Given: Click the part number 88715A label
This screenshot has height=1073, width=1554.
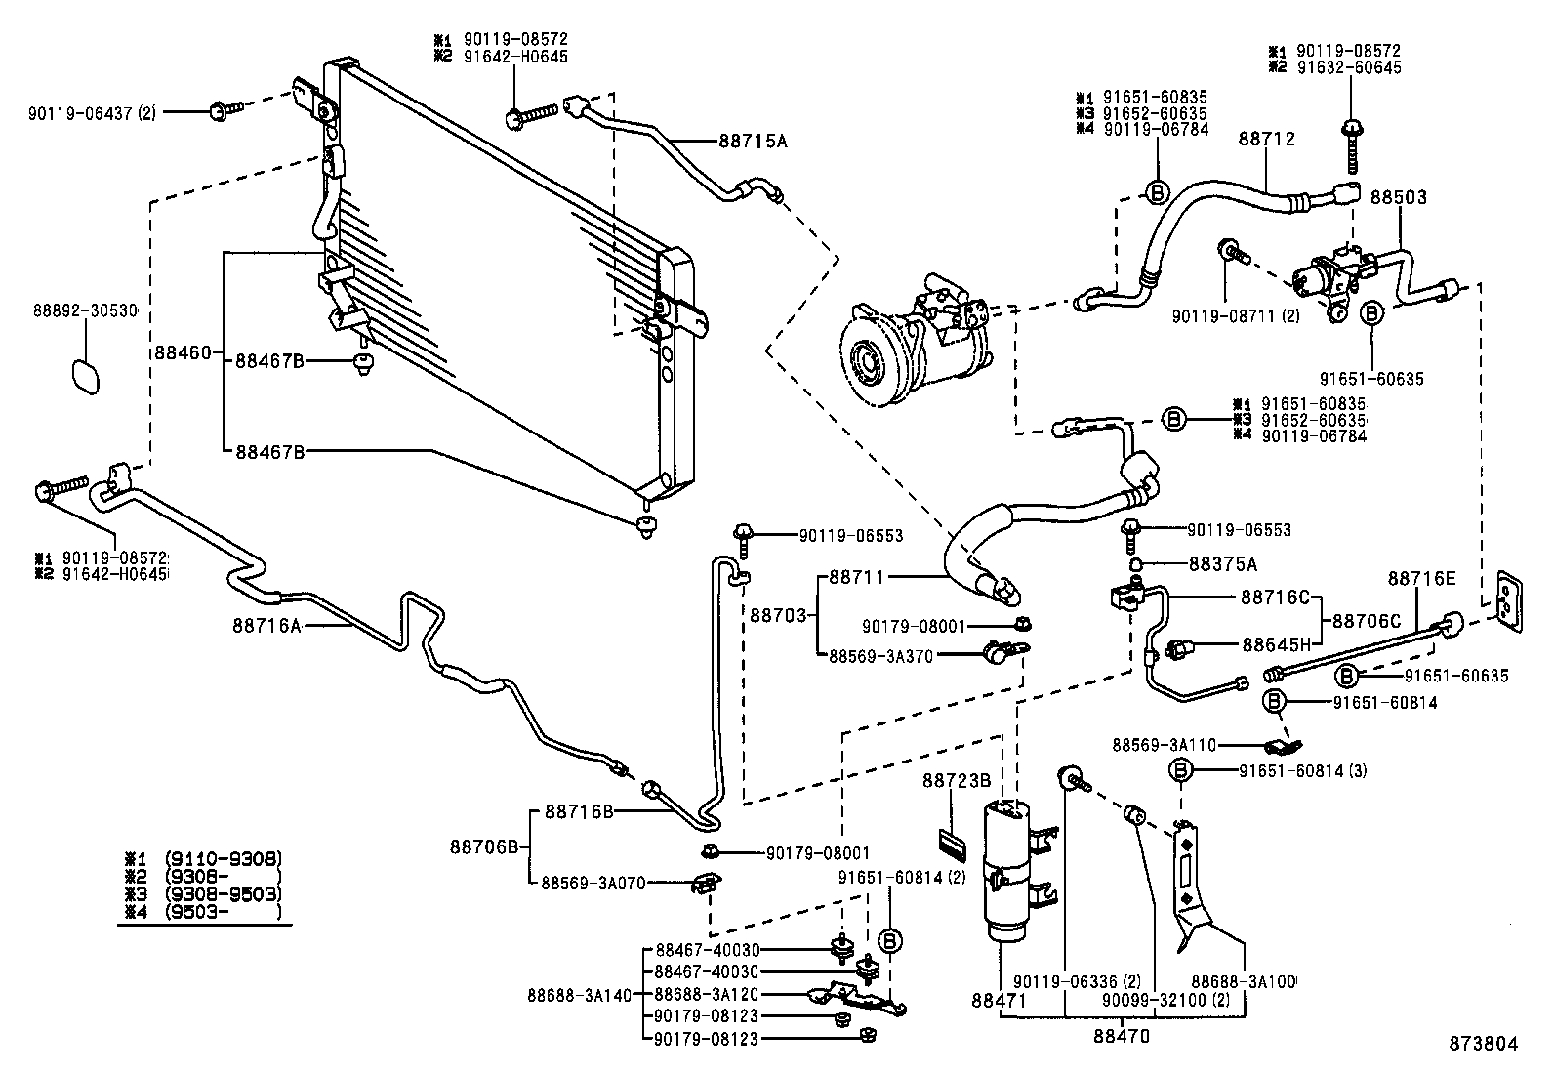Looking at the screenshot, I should click(x=753, y=141).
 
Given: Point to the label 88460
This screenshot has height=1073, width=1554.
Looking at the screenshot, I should click(x=182, y=351).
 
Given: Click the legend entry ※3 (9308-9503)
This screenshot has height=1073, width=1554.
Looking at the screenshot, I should click(x=203, y=894).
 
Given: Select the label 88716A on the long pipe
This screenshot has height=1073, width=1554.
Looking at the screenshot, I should click(x=266, y=624).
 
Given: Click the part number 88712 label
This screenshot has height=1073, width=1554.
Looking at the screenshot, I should click(x=1267, y=140).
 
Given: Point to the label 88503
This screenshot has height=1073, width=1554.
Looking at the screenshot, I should click(x=1398, y=197).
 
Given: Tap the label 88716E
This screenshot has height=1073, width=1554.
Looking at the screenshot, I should click(x=1421, y=579).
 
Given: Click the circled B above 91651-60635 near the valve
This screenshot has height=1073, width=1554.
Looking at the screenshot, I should click(x=1371, y=313).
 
